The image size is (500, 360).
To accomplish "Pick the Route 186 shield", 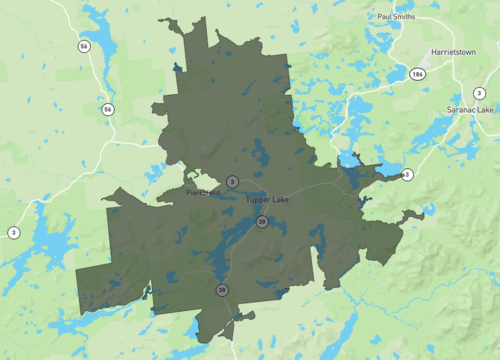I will tap(417, 74).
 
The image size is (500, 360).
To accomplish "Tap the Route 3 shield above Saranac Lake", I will tap(480, 93).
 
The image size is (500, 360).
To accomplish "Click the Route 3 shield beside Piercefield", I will tap(232, 181).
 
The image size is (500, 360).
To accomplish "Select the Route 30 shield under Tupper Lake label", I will tap(261, 221).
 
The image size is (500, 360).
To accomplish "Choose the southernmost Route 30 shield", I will tap(221, 290).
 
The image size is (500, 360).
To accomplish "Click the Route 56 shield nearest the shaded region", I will tap(107, 108).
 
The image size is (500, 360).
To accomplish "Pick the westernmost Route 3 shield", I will tap(13, 232).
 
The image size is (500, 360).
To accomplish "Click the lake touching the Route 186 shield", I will tap(400, 72).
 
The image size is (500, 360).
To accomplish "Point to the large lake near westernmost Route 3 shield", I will tap(45, 245).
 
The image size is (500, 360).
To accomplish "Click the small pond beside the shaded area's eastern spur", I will tap(430, 213).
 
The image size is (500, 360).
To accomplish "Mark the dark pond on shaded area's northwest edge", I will tap(178, 68).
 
